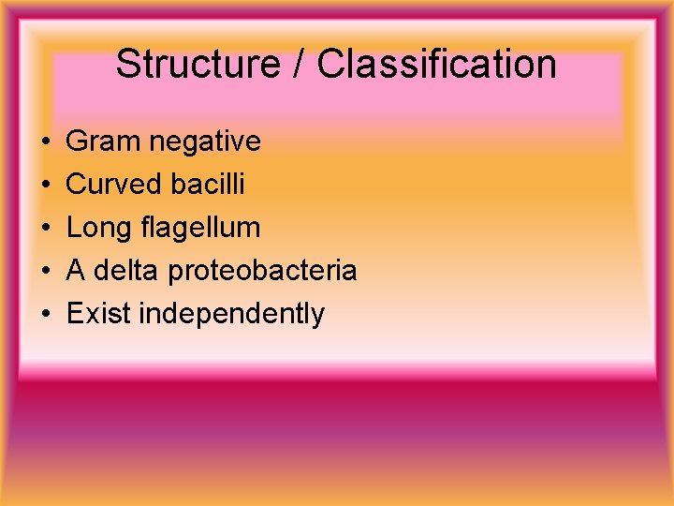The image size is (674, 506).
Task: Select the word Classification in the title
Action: point(436,65)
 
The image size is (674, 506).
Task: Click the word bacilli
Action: point(208,185)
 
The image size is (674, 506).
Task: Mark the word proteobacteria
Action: point(263,271)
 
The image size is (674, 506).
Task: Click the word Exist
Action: point(98,314)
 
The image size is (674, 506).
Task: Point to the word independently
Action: point(231,314)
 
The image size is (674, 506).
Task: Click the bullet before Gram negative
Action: point(46,142)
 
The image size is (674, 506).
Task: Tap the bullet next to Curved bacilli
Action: point(46,186)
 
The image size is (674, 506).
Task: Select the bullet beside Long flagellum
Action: point(46,229)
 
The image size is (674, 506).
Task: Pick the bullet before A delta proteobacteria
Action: point(46,272)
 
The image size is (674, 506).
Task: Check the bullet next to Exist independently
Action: point(46,315)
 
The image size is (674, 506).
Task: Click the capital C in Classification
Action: point(331,65)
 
